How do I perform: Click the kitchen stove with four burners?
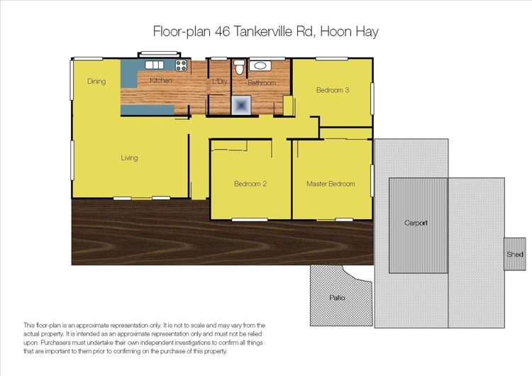181,67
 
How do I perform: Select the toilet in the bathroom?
239,68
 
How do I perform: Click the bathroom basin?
260,67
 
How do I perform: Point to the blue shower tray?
242,105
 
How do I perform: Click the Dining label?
96,82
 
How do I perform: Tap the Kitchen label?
161,81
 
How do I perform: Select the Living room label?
128,157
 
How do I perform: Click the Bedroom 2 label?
250,184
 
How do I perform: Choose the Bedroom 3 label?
333,90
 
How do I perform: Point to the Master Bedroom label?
331,184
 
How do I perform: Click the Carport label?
416,223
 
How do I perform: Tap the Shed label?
515,254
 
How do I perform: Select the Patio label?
337,297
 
